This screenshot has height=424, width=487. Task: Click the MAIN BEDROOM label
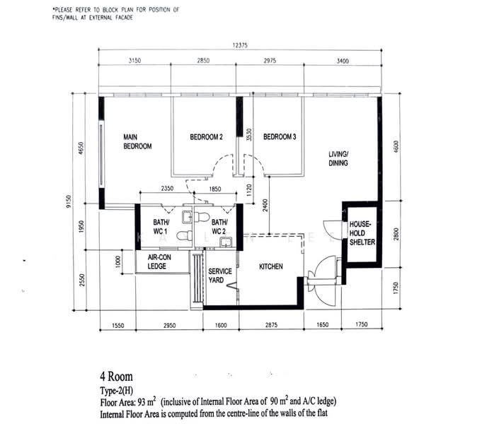tap(137, 141)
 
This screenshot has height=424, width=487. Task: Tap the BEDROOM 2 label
tap(206, 137)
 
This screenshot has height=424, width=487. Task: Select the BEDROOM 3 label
tap(280, 136)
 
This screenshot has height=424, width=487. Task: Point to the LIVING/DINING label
tap(338, 158)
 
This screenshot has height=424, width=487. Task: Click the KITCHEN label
tap(271, 266)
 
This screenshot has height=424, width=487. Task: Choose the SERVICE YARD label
tap(220, 276)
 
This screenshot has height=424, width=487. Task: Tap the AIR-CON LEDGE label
tap(159, 261)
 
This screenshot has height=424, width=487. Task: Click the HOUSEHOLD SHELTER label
tap(362, 233)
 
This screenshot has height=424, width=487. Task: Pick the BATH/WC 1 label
tap(161, 227)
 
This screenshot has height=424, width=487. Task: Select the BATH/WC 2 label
tap(219, 227)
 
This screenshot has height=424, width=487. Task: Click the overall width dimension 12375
tap(240, 45)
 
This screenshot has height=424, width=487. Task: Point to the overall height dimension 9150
tap(69, 201)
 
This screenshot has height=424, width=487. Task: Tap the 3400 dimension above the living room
tap(343, 61)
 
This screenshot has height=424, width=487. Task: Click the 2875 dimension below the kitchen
tap(271, 325)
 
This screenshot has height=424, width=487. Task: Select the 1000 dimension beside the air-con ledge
tap(117, 261)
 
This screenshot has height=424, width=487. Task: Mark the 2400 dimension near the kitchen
tap(265, 206)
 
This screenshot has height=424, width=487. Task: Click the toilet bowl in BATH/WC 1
tap(184, 236)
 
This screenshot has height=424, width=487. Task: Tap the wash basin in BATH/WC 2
tap(226, 242)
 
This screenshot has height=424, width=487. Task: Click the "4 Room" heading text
tap(116, 377)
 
